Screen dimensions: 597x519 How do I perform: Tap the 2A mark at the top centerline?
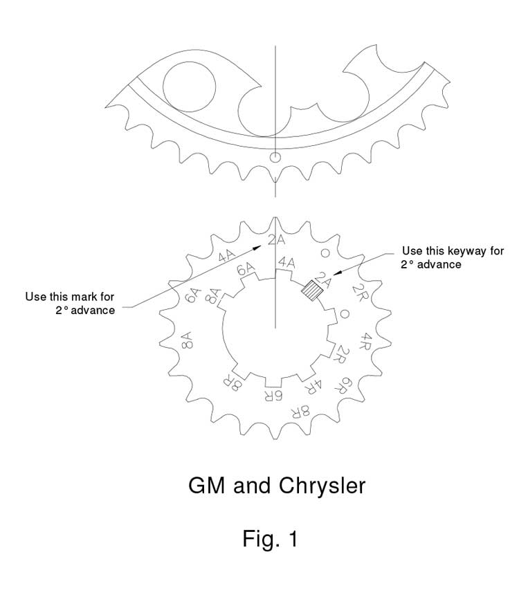point(276,240)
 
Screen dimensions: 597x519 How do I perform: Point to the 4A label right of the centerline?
point(286,262)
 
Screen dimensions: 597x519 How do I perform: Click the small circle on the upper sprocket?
point(275,156)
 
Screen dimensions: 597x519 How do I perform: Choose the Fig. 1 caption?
point(270,539)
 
